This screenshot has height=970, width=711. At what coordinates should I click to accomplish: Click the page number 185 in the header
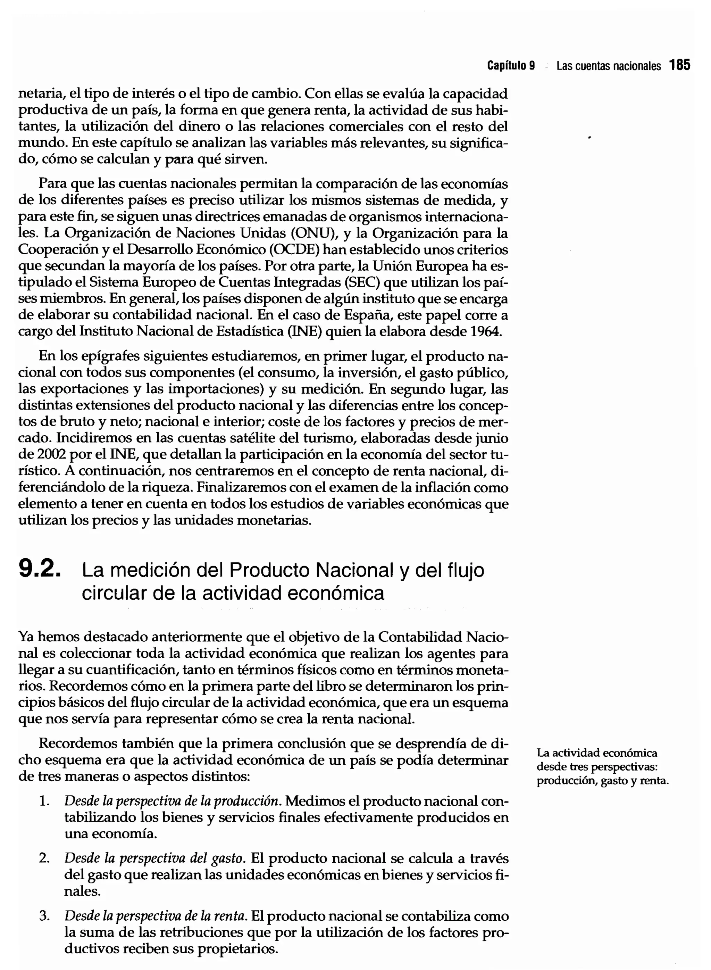(680, 65)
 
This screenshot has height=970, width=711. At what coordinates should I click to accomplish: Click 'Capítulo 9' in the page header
(511, 66)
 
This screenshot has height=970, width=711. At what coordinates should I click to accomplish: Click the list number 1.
(43, 801)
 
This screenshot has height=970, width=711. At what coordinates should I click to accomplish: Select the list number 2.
(43, 858)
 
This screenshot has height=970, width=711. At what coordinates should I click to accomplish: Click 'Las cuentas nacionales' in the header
(608, 66)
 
